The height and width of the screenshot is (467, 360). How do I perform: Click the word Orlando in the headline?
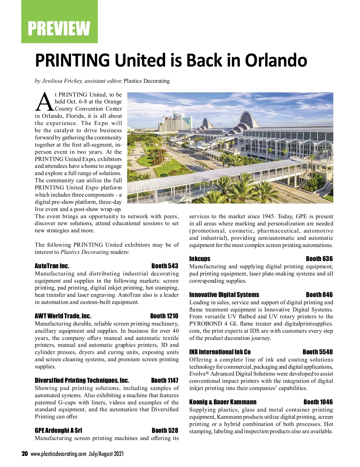tap(276, 60)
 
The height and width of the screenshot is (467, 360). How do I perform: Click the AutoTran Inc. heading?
tap(52, 266)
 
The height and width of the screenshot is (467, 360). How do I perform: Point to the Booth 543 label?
tap(165, 266)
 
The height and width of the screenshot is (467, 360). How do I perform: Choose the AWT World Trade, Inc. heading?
tap(63, 316)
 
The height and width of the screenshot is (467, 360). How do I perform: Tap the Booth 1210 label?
tap(164, 316)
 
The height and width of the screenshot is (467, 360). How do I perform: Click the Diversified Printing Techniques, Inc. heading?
tap(82, 381)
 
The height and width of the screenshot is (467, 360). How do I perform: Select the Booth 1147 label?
tap(165, 381)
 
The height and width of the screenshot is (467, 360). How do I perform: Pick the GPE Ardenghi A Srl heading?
tap(58, 431)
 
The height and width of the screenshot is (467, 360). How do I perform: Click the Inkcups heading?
tap(200, 259)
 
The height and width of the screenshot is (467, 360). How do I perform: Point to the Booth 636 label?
tap(319, 259)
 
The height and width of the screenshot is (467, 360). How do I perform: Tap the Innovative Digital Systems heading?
tap(224, 295)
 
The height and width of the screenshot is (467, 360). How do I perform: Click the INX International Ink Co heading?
tap(220, 352)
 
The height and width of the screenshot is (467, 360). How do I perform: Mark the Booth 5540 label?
tap(318, 352)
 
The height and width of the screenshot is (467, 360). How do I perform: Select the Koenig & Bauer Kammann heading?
tap(223, 402)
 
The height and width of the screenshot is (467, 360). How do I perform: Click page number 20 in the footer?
tap(25, 454)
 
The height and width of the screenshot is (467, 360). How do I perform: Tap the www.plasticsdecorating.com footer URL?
tap(58, 454)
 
